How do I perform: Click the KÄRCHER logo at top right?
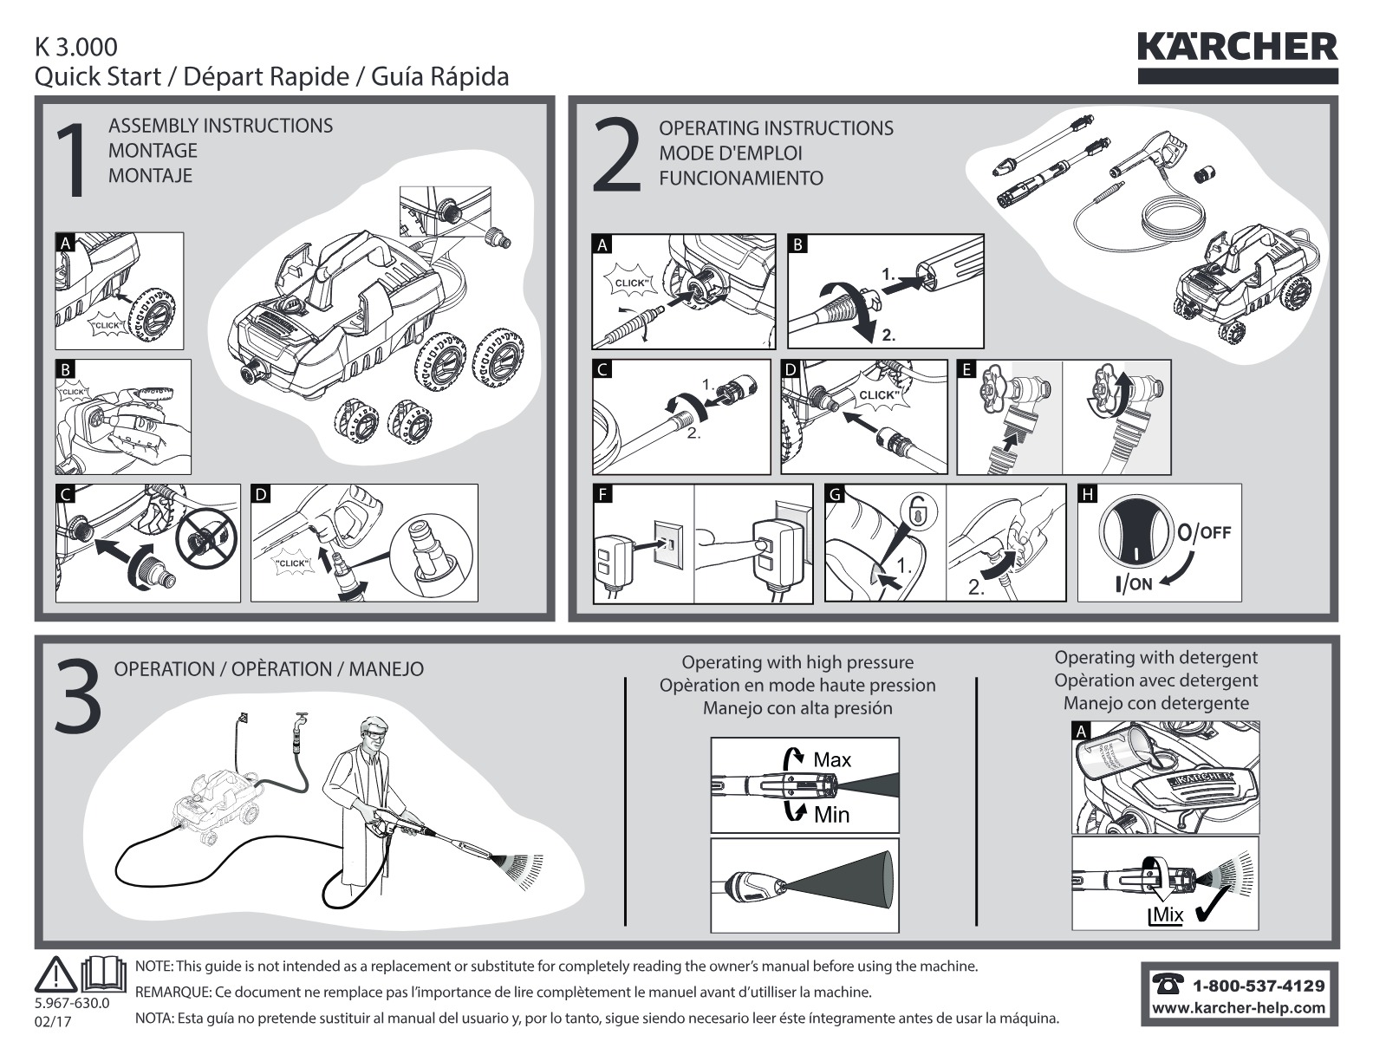1237,57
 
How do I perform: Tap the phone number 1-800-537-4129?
1258,986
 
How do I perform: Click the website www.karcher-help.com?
1238,1008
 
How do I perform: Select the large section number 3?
78,696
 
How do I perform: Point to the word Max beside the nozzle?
832,759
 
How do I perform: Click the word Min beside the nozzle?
831,815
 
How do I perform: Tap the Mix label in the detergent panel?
1167,915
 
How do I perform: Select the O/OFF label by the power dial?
1204,532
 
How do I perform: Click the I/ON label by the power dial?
1134,584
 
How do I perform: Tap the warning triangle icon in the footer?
55,973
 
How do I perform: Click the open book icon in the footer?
104,973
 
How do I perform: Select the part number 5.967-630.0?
72,1004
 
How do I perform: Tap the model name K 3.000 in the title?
75,48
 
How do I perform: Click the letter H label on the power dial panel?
1088,494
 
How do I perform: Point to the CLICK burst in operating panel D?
877,395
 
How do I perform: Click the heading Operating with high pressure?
797,662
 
